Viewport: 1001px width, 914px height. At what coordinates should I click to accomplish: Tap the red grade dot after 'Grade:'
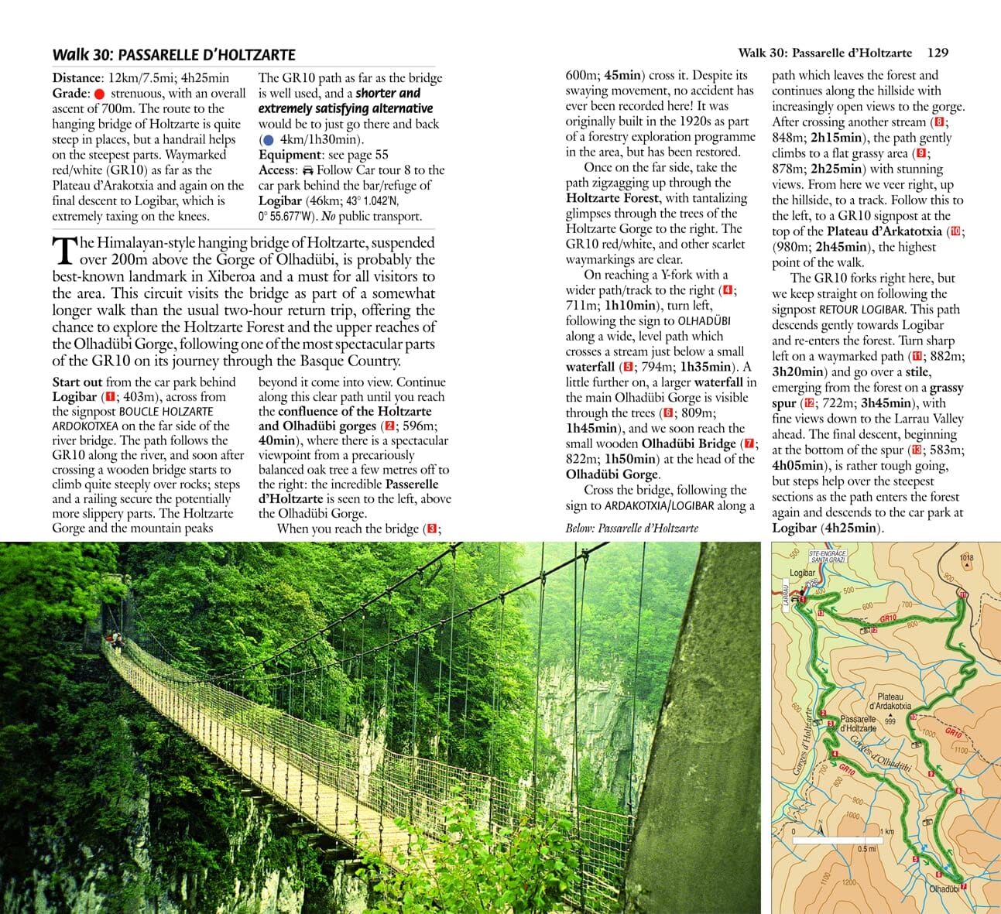(x=99, y=94)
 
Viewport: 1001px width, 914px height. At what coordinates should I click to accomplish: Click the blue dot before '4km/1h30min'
(x=268, y=140)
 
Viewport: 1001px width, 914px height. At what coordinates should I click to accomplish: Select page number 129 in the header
(x=937, y=53)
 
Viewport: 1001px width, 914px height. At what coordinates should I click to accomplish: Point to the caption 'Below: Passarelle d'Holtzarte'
(x=632, y=528)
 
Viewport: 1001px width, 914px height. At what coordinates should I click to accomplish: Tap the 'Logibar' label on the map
(x=802, y=573)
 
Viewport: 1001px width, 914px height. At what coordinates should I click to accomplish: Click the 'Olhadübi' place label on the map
(x=944, y=889)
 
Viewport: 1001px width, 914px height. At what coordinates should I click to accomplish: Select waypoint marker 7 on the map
(x=964, y=887)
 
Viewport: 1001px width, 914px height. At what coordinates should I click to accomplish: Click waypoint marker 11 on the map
(x=963, y=594)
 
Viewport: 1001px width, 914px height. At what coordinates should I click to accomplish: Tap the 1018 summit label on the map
(x=966, y=557)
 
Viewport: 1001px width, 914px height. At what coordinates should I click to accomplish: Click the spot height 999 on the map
(x=890, y=721)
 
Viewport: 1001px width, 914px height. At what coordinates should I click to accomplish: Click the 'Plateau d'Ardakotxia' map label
(x=890, y=702)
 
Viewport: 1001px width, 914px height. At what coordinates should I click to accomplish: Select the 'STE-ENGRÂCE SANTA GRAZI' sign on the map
(x=827, y=556)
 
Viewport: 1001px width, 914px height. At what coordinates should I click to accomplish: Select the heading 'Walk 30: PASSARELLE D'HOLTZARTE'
(x=173, y=55)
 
